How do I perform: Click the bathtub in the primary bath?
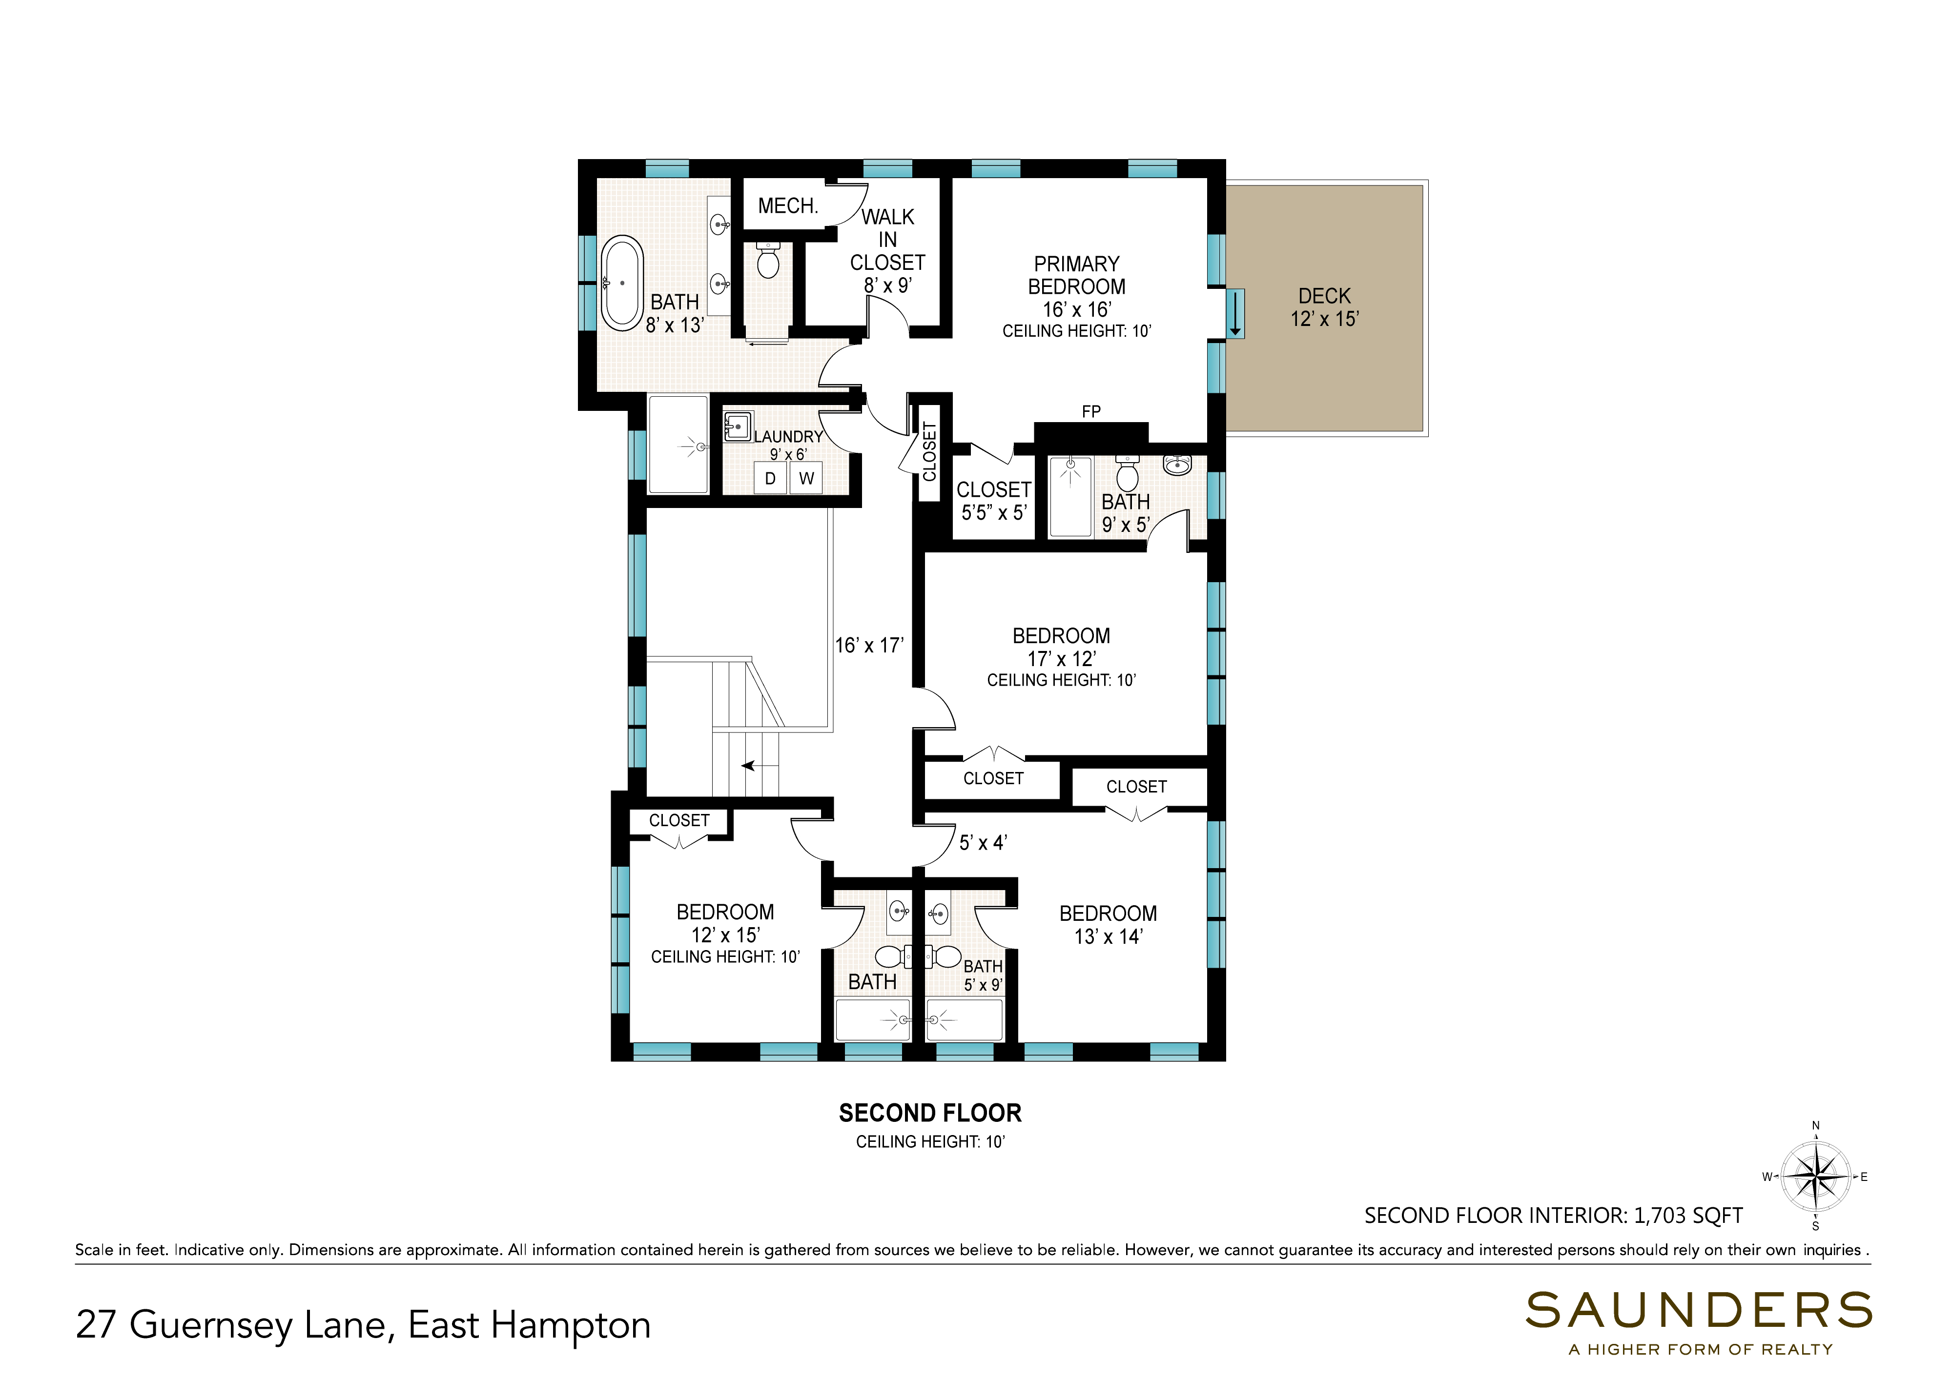[x=622, y=283]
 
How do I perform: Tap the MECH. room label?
[x=788, y=206]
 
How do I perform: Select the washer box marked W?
[x=806, y=479]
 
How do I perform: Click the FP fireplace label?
[x=1091, y=411]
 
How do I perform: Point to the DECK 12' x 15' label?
[x=1324, y=307]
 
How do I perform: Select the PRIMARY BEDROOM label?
[x=1077, y=276]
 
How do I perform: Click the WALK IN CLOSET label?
[x=887, y=240]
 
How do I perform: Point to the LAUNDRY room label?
[x=788, y=436]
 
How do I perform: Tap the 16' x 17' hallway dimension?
[x=868, y=646]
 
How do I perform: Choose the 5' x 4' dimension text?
[x=983, y=843]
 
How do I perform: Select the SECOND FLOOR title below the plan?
[x=930, y=1113]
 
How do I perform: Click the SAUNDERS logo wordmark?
[x=1699, y=1310]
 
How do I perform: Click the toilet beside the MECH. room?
[x=768, y=260]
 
